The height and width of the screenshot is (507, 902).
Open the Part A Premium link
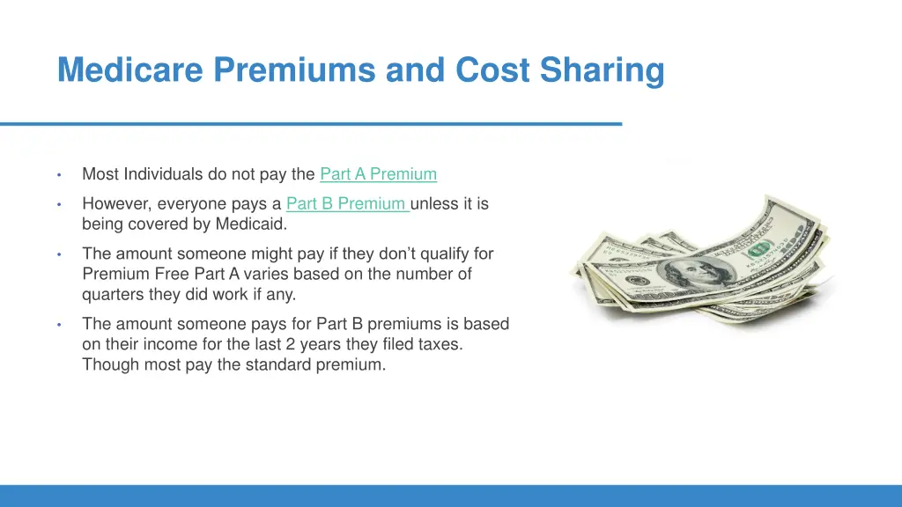(378, 174)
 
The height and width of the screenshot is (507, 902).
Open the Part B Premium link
(346, 204)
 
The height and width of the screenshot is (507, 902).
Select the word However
(117, 204)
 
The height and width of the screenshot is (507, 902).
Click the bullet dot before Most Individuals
(58, 174)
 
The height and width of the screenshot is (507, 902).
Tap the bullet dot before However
(58, 204)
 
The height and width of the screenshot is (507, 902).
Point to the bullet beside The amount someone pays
(58, 324)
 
